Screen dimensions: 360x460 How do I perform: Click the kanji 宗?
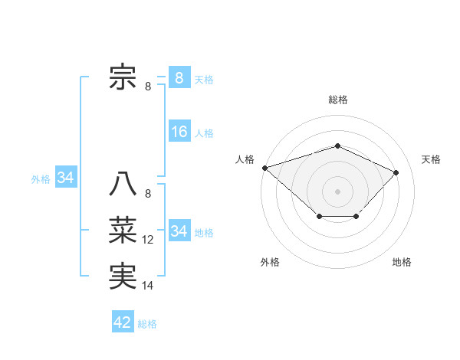123,77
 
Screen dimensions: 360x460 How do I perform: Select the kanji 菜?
123,230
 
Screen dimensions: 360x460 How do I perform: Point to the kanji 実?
123,276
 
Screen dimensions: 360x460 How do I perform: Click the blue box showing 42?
123,322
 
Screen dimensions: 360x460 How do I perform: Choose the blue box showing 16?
179,132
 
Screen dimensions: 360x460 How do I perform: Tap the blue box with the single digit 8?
179,77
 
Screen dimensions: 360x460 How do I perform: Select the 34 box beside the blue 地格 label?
179,231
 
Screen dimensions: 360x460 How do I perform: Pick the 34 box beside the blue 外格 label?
66,178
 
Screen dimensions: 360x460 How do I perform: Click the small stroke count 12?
148,240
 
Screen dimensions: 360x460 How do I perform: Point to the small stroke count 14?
148,286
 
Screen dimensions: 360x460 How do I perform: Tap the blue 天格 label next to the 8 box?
204,80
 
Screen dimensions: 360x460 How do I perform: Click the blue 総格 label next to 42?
147,324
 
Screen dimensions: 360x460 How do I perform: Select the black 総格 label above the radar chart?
337,100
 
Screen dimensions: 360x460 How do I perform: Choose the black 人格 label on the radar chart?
245,159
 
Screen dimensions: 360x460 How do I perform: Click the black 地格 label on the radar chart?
402,262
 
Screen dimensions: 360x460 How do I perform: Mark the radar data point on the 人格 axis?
264,167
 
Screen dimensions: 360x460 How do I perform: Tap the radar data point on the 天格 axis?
396,172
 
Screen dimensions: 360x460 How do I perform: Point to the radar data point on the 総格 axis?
337,146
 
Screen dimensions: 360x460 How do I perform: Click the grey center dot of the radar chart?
337,191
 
